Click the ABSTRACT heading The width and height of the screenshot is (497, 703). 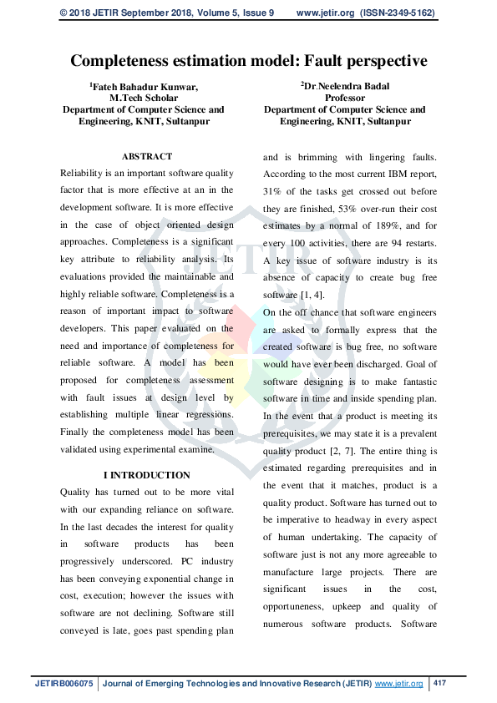point(147,156)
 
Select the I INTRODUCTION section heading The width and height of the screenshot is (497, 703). point(147,475)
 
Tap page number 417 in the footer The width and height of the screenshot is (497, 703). point(440,684)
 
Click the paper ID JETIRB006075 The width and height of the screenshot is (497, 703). point(64,684)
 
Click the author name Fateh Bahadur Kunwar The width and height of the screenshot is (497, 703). point(145,86)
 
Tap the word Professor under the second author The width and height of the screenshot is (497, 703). point(344,98)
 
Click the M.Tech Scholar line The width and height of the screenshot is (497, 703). point(144,98)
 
